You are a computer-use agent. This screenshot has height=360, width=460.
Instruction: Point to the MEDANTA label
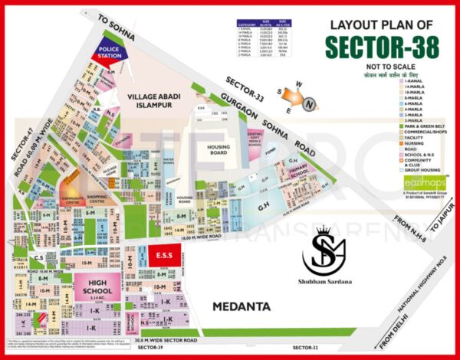coord(242,307)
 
